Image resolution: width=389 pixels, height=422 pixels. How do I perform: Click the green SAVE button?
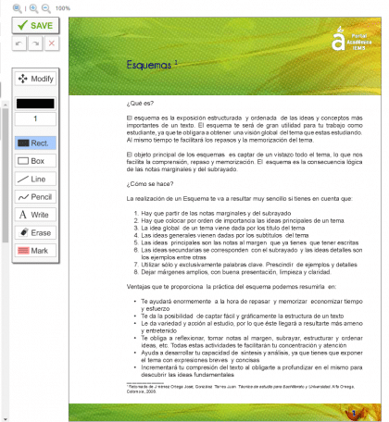click(x=33, y=26)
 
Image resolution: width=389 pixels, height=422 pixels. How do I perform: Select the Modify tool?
click(x=35, y=79)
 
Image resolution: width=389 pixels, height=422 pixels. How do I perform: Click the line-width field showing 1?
click(x=35, y=119)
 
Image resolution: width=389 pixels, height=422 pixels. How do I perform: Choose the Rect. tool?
click(x=35, y=143)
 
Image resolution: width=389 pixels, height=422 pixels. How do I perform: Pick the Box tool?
click(x=35, y=161)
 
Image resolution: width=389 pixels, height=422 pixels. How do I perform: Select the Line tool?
click(x=35, y=179)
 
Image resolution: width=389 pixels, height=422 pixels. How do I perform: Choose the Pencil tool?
click(x=35, y=197)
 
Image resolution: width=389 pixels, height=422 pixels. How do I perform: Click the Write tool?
click(x=35, y=215)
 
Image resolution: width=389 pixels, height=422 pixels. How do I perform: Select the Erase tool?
click(x=35, y=232)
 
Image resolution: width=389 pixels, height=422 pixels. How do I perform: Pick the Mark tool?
click(x=35, y=250)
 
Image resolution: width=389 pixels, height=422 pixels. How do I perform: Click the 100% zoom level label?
click(x=63, y=6)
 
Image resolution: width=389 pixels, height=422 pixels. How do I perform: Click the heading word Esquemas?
click(x=147, y=66)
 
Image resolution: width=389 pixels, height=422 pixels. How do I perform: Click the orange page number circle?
click(x=355, y=413)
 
